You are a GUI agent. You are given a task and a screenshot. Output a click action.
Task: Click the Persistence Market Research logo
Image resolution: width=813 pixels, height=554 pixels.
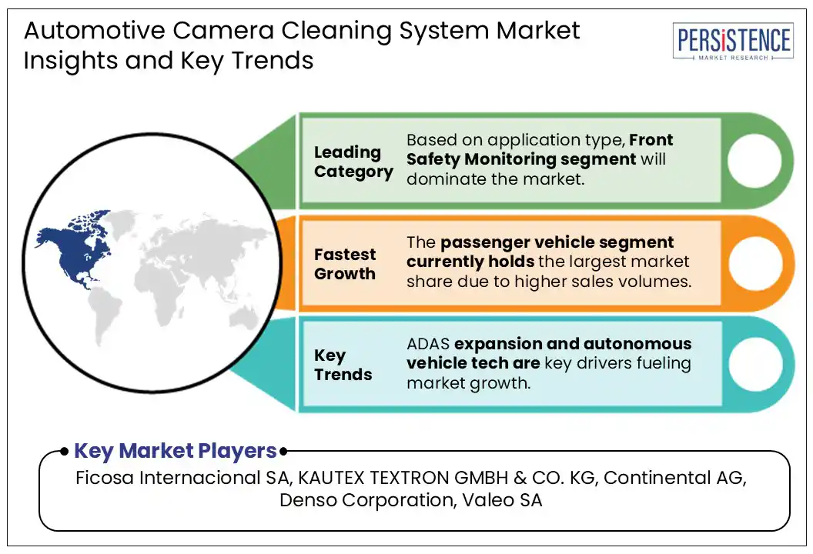[732, 42]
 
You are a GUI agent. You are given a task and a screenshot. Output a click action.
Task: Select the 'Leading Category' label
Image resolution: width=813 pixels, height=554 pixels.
[353, 162]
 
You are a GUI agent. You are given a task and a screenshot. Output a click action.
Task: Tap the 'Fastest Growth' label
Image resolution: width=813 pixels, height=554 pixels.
[345, 264]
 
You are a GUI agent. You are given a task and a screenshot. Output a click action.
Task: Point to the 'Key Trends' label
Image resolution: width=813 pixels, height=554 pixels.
[343, 365]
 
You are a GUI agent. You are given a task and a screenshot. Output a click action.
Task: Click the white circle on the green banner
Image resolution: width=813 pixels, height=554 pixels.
[754, 161]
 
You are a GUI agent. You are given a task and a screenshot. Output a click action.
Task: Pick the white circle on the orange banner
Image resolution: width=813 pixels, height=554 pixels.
[754, 263]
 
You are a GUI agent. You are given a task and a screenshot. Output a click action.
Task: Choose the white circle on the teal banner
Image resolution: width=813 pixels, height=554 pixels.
[754, 363]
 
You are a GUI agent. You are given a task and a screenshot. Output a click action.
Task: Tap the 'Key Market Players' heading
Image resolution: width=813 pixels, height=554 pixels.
[175, 451]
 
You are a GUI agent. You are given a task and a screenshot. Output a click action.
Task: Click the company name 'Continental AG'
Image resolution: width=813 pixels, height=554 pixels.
[674, 477]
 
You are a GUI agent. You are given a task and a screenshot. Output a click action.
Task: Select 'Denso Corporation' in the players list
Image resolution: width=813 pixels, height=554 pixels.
[367, 500]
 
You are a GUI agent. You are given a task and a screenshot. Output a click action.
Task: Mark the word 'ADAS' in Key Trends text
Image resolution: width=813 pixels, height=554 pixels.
[429, 343]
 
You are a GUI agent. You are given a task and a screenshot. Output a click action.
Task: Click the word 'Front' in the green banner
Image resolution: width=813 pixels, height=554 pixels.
[651, 140]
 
